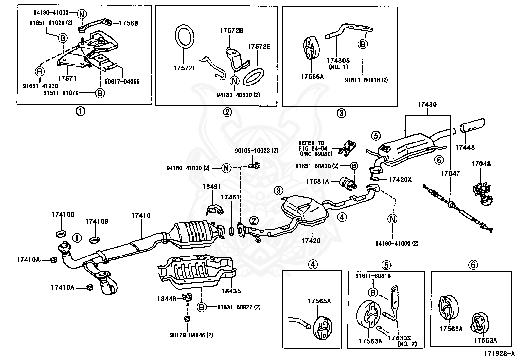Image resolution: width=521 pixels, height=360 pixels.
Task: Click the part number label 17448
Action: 465,148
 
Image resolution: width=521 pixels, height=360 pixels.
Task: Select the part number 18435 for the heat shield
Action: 231,291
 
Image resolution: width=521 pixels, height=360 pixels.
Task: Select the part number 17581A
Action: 317,181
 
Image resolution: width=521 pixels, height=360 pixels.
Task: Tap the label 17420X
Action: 400,180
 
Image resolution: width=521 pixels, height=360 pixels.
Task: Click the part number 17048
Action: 481,164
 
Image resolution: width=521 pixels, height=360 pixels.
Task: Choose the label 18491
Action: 212,186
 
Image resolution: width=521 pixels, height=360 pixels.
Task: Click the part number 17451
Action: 230,197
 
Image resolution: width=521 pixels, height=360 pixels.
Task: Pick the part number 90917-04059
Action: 122,81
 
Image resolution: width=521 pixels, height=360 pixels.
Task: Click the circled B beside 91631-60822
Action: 202,307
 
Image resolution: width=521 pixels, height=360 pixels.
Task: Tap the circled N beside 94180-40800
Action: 234,80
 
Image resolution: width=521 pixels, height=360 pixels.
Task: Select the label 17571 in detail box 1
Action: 67,79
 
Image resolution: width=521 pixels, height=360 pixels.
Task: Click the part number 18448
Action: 166,299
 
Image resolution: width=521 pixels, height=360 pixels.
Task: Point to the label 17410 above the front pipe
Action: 141,215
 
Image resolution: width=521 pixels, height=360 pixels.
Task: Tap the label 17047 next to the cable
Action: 450,173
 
